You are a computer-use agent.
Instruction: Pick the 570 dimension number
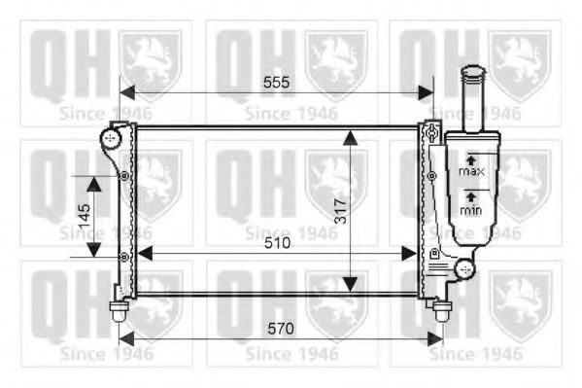coord(280,329)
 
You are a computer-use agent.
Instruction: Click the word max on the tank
coord(471,171)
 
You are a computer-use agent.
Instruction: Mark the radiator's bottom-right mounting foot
coord(441,312)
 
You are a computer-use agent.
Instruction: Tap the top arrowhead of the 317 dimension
coord(351,136)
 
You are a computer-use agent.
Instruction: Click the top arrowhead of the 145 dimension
coord(94,183)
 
